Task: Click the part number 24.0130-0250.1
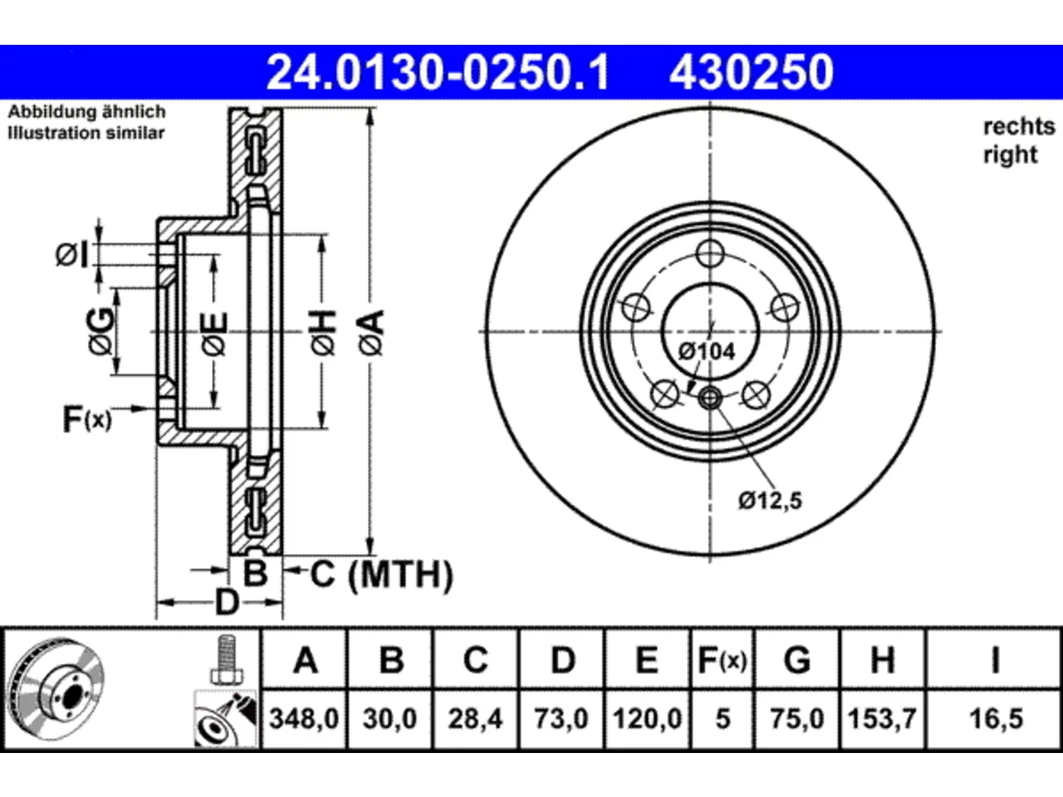coord(438,72)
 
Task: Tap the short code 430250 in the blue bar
coord(752,72)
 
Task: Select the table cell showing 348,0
coord(304,719)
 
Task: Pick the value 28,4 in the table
coord(475,719)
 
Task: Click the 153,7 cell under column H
coord(882,719)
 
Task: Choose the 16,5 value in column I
coord(996,719)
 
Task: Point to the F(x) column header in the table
coord(723,660)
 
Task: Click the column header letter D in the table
coord(563,660)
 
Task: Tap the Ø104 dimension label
coord(707,352)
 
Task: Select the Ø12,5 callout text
coord(770,501)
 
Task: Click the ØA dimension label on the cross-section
coord(371,333)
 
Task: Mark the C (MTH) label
coord(382,575)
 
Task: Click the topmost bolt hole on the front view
coord(710,253)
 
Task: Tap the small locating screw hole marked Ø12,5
coord(710,398)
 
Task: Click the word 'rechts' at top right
coord(1019,127)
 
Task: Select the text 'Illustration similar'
coord(86,133)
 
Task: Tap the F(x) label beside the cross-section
coord(87,419)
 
